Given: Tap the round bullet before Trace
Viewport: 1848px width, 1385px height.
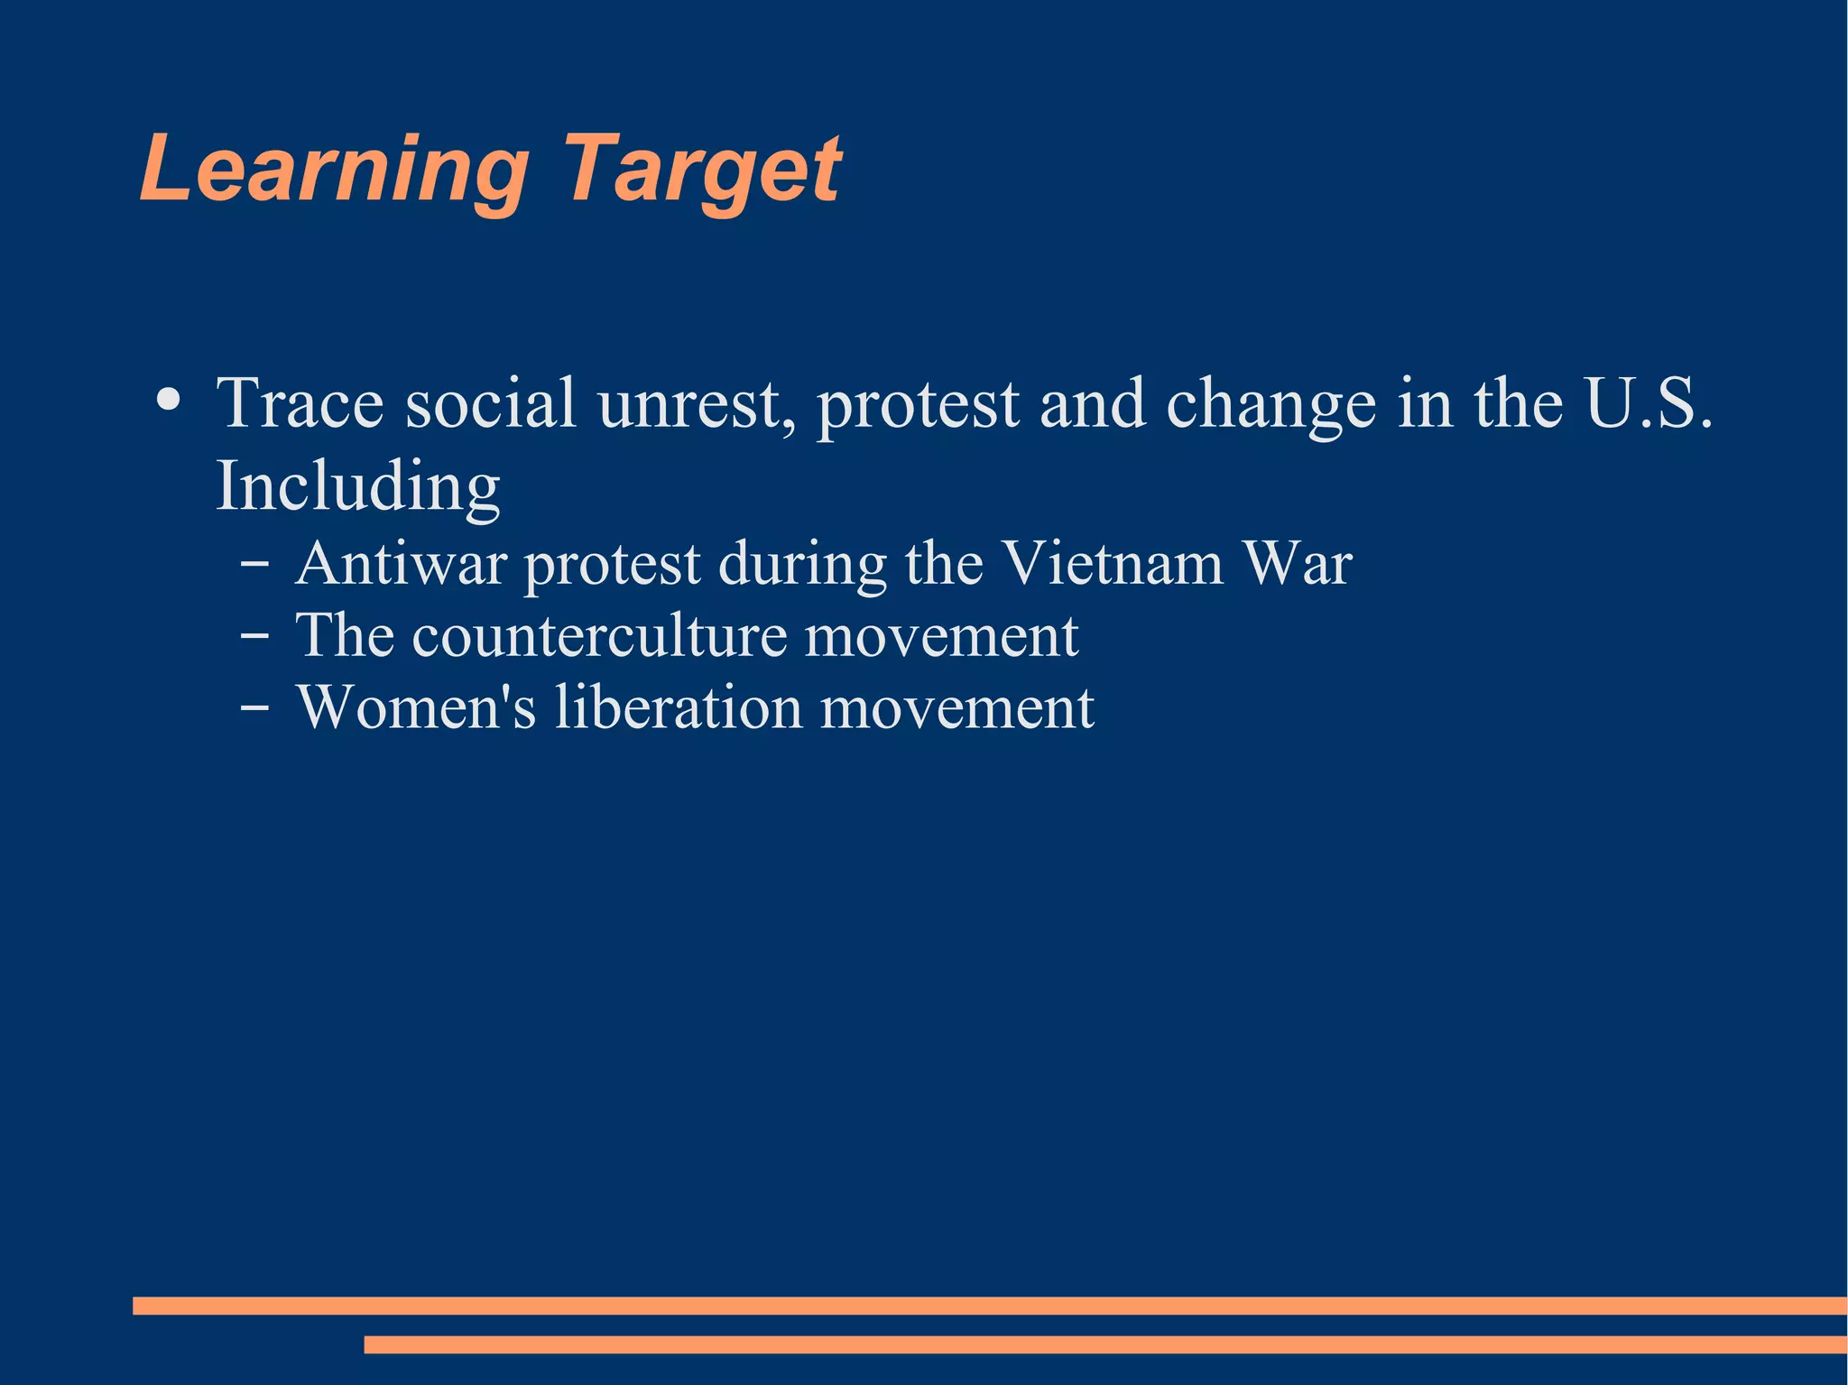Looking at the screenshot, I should coord(168,399).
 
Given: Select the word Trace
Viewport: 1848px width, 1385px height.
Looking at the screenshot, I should coord(300,403).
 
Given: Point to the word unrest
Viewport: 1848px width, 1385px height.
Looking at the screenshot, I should coord(689,403).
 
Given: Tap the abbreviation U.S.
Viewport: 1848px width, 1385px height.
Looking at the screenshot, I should coord(1648,403).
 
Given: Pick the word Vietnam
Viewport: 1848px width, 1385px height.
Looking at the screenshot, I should coord(1113,564).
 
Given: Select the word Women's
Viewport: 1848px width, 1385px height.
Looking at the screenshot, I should coord(416,707).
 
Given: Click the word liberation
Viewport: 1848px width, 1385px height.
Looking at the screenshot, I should coord(678,707).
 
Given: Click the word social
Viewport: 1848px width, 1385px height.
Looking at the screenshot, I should coord(490,403).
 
